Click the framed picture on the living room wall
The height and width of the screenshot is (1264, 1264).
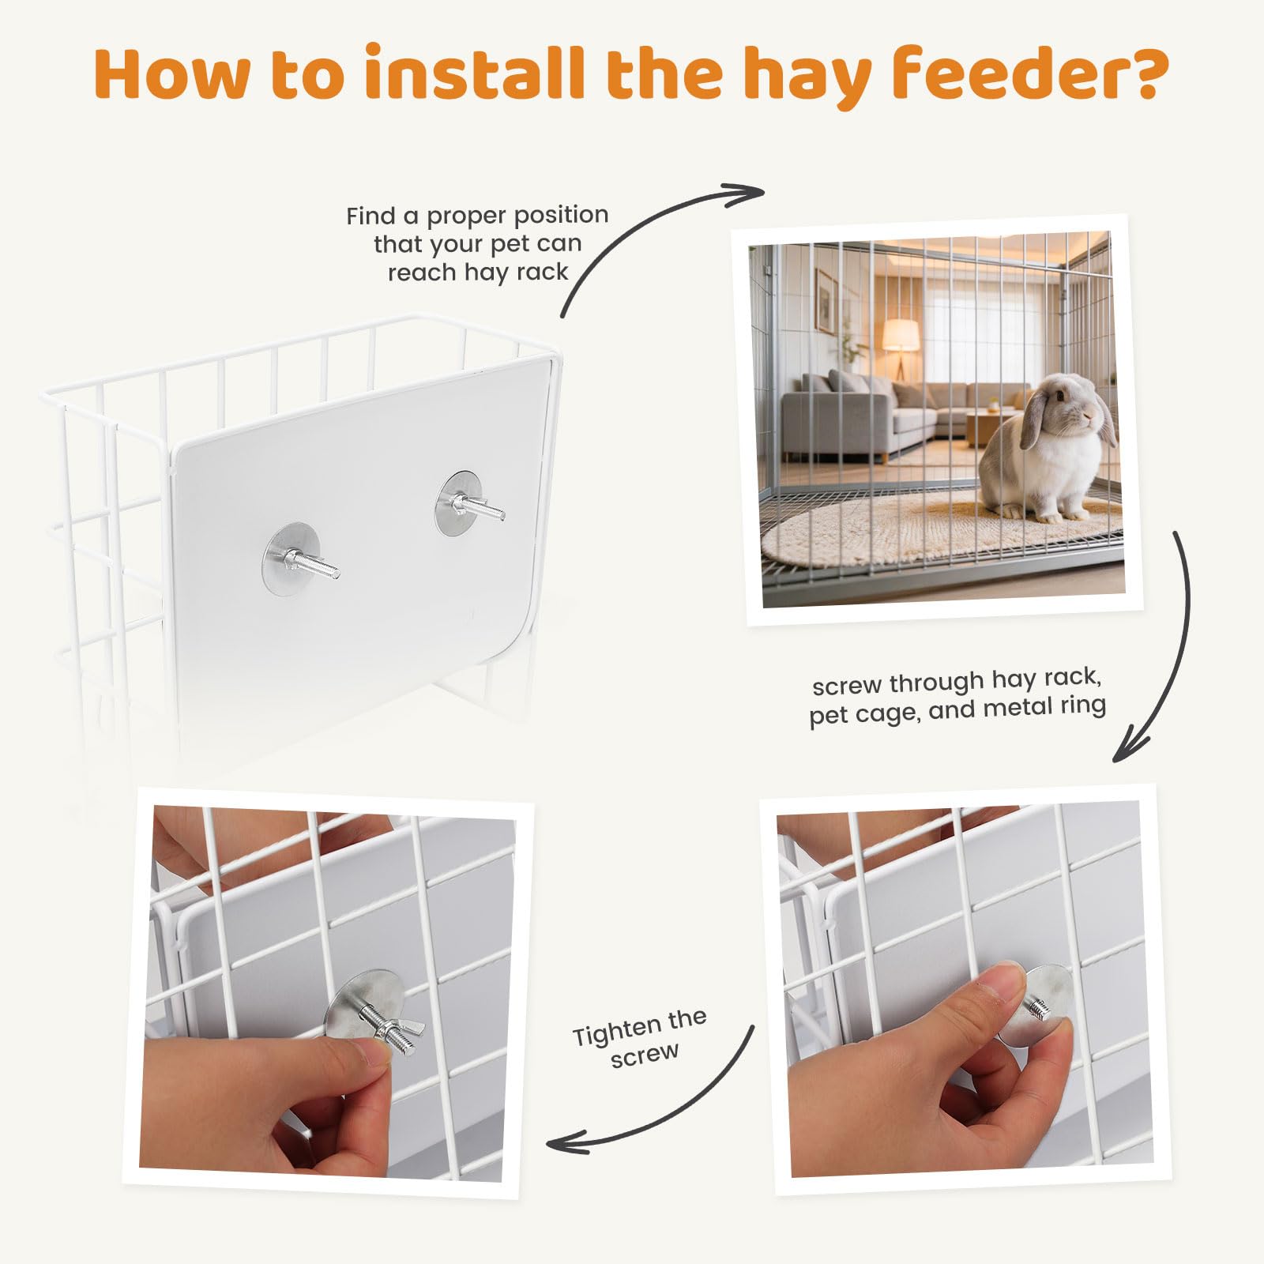tap(826, 300)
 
